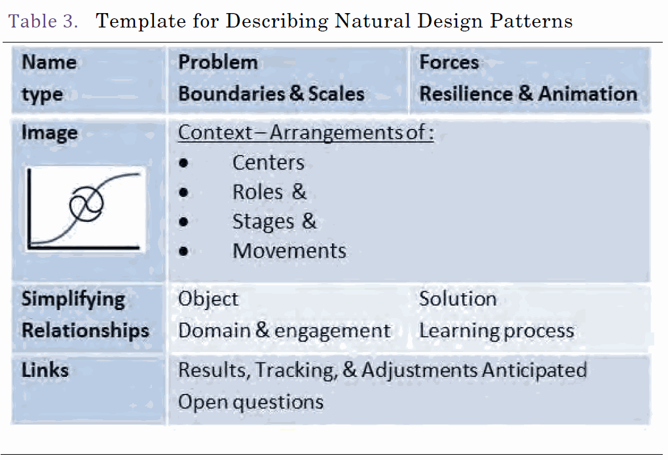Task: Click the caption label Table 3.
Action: [x=43, y=21]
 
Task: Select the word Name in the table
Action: [x=49, y=62]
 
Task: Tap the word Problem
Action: [x=217, y=62]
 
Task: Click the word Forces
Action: [x=449, y=62]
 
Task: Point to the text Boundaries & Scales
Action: [x=271, y=94]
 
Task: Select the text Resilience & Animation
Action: [x=529, y=94]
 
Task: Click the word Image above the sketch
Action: [x=49, y=133]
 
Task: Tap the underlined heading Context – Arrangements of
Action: [x=305, y=132]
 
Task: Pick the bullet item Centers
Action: [x=269, y=162]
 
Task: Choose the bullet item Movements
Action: [x=289, y=251]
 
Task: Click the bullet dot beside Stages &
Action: [x=183, y=222]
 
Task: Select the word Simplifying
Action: [x=73, y=300]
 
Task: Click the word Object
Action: [x=208, y=299]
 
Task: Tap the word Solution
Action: [x=458, y=299]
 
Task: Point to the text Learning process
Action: [x=496, y=331]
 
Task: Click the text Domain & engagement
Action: [x=284, y=331]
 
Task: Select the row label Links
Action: [x=45, y=370]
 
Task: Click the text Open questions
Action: [x=250, y=402]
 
